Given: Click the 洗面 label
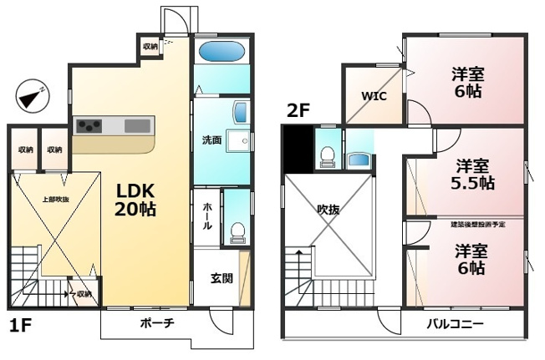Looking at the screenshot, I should tap(211, 140).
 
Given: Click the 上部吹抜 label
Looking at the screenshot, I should tap(56, 200).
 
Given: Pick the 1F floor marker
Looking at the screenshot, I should tap(20, 325).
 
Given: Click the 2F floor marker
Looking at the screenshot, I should tap(298, 109).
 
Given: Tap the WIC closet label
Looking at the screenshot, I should tap(374, 95).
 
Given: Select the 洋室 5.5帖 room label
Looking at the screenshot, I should tap(473, 175).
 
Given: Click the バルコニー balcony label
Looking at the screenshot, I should tap(456, 323).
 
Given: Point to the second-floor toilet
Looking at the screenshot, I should tap(328, 155).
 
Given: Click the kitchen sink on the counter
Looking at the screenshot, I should tap(137, 125).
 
